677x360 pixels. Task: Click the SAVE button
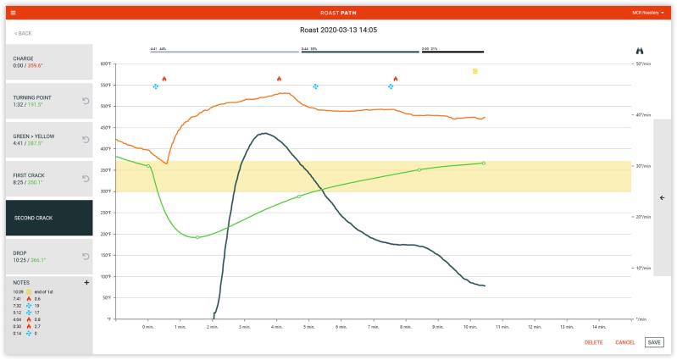652,342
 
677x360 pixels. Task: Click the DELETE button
593,342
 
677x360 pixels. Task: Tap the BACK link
23,32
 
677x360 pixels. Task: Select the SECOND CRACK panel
48,218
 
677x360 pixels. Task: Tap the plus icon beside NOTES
86,282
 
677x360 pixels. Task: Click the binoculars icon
641,51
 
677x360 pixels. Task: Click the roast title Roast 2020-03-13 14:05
338,30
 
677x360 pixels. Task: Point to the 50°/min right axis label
643,64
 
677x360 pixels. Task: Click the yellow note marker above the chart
475,71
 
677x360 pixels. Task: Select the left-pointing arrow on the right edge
662,197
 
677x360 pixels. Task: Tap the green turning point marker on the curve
197,237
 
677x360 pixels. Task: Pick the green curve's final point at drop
483,163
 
